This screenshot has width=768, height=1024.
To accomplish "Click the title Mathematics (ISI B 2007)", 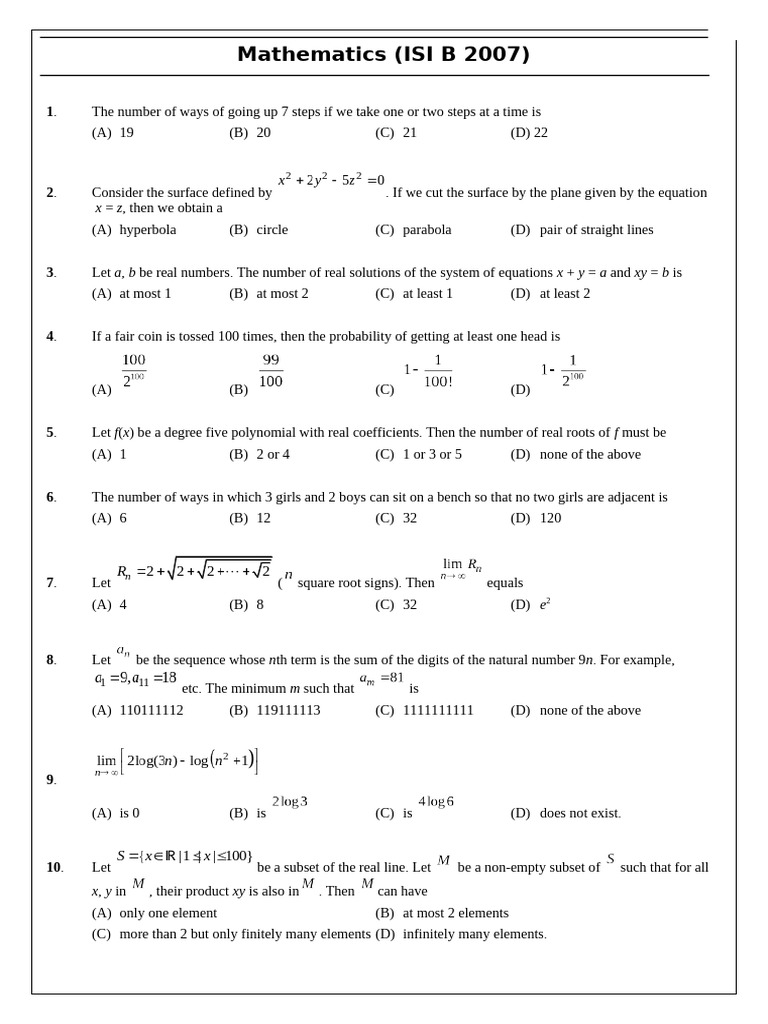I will (x=383, y=55).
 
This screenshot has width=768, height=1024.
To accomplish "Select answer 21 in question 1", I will (x=409, y=133).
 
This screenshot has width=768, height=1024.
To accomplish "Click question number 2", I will (x=50, y=193).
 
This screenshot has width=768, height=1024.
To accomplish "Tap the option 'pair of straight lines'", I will (x=596, y=230).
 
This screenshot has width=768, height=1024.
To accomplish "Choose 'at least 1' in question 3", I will (x=427, y=294).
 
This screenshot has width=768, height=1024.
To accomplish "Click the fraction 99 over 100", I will (x=271, y=371).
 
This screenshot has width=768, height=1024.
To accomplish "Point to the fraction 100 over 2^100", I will (x=134, y=371).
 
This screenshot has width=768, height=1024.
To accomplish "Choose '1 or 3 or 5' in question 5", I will (x=432, y=455).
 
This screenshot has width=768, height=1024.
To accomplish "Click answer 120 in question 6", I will (x=550, y=519).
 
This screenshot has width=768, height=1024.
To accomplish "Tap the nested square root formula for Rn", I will (x=194, y=571).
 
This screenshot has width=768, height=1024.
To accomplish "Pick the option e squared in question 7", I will (x=545, y=605).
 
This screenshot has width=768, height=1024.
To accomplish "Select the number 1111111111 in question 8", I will (x=438, y=711).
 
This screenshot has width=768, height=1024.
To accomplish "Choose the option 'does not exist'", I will (x=580, y=814).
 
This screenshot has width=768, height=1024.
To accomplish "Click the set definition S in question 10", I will (x=184, y=857).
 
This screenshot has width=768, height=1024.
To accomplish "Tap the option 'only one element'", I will (x=168, y=914).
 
